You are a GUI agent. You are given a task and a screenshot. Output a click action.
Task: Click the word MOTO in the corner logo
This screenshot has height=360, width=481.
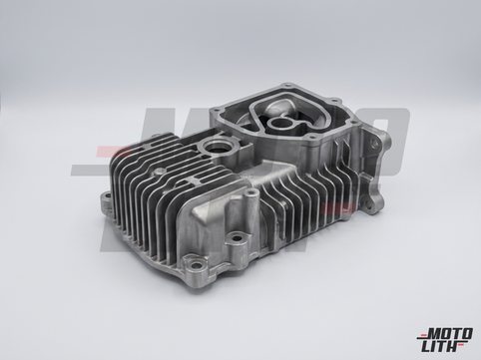coord(450,334)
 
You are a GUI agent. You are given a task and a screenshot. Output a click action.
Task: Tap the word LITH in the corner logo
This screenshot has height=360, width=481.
coord(441,347)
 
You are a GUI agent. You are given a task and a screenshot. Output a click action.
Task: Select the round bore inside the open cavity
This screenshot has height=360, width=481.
coord(279,125)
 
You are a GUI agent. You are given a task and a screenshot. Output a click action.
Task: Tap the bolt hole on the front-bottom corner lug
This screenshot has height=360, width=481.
coord(198,265)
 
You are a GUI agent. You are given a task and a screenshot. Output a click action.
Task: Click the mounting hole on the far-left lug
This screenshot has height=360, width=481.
coord(107,197)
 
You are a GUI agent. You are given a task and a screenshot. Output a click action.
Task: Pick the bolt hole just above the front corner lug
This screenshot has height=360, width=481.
coord(237,238)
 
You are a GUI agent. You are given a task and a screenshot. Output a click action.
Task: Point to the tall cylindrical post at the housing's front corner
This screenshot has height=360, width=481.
coord(251,202)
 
